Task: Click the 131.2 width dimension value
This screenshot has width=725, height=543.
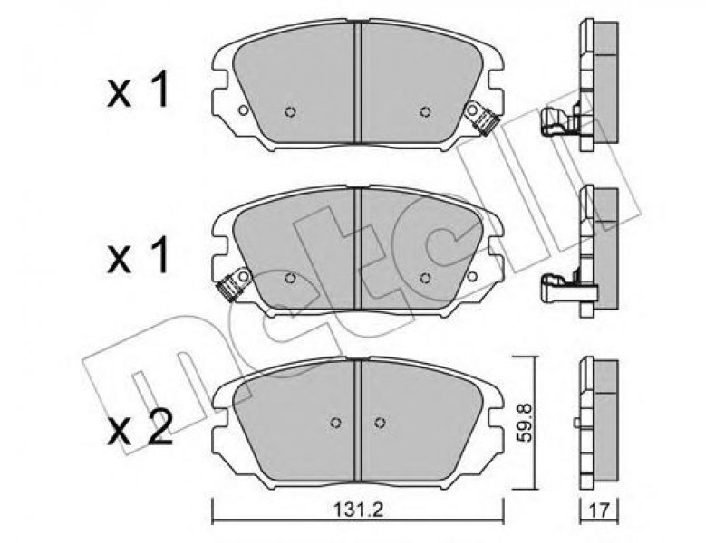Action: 358,510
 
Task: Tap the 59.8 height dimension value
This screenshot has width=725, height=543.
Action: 526,422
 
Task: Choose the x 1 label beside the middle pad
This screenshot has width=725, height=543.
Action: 138,258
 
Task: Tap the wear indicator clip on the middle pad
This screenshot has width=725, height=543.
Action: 234,285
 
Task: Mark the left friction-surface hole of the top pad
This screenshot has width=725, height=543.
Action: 290,111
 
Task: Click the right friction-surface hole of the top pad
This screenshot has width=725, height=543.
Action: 426,111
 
